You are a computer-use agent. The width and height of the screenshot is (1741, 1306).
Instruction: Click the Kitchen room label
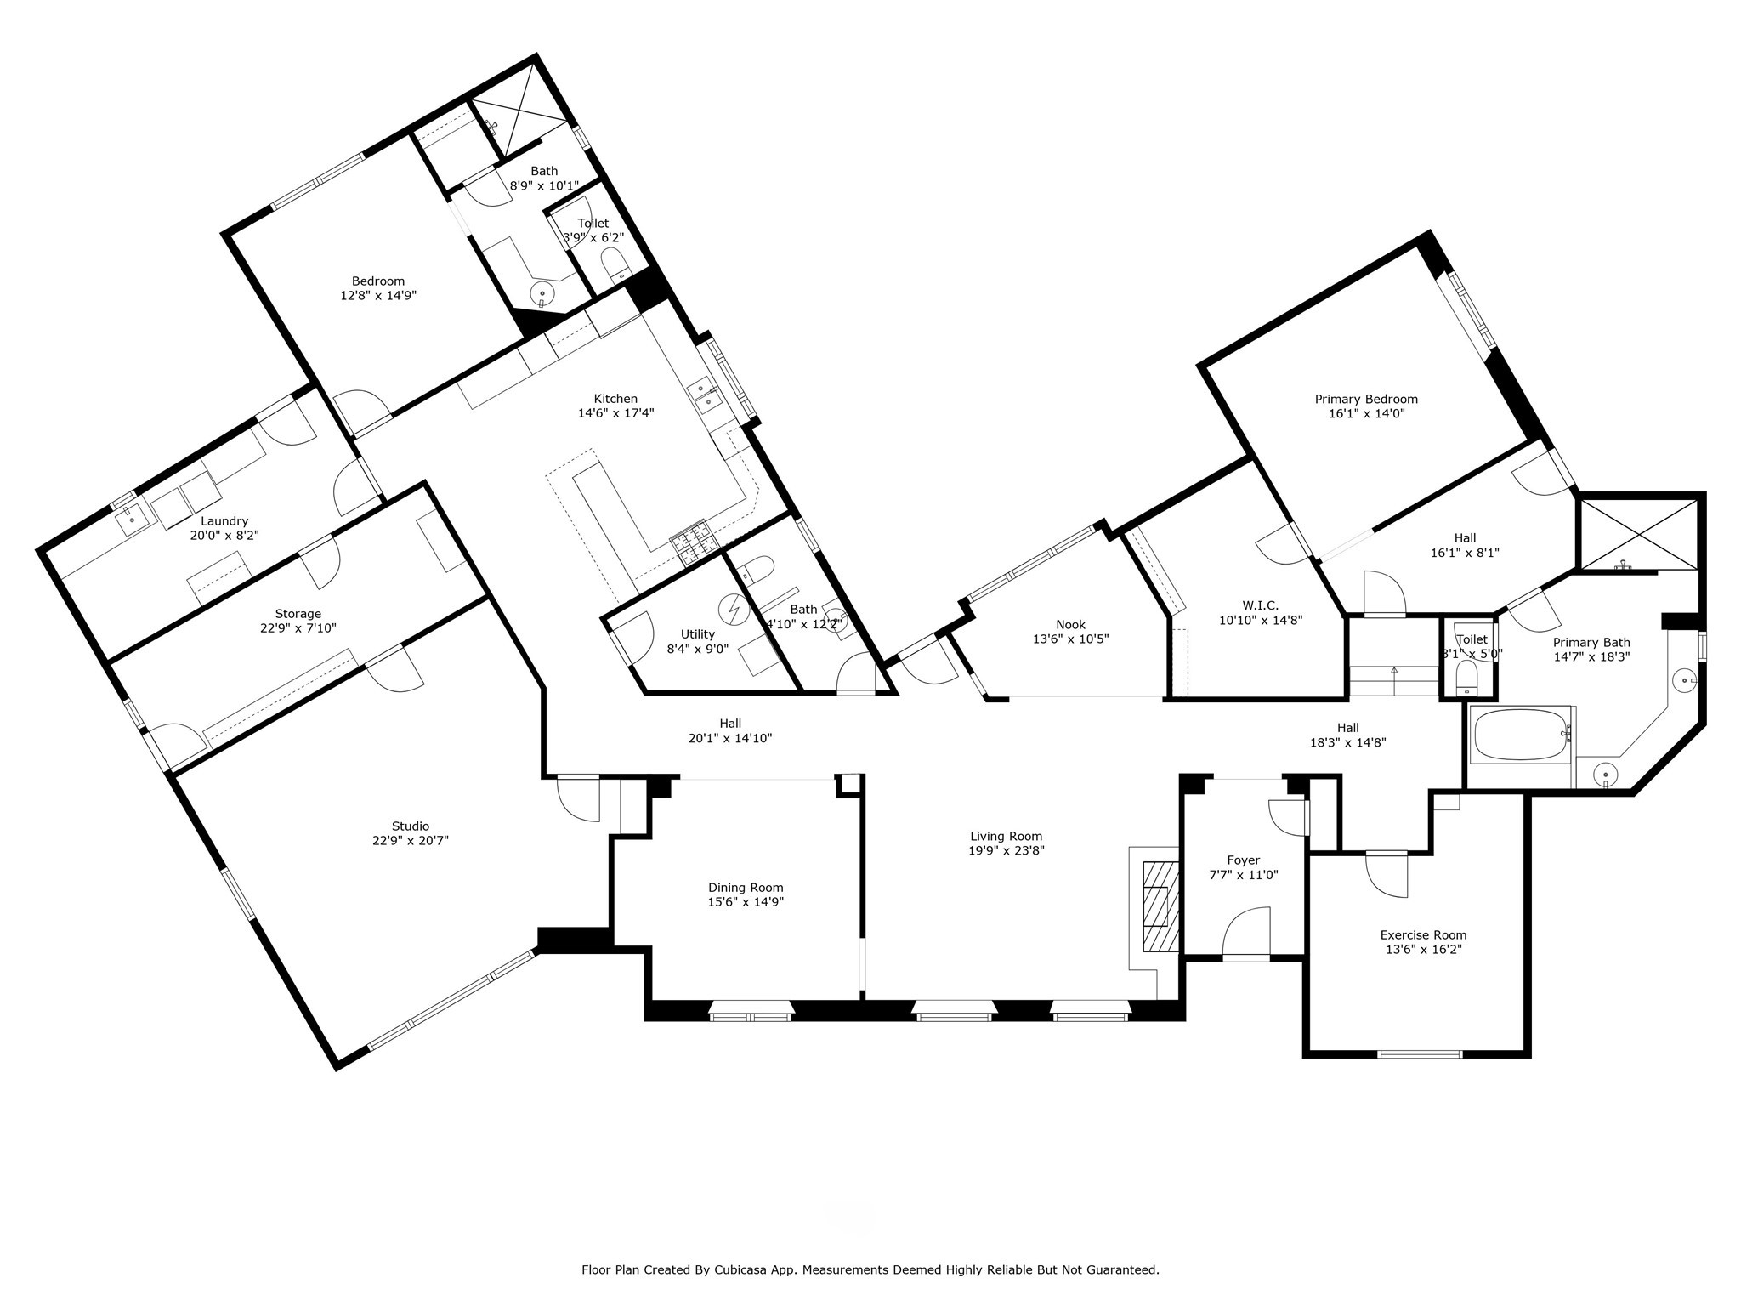615,399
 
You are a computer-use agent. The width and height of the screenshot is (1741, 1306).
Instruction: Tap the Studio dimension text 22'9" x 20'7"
411,840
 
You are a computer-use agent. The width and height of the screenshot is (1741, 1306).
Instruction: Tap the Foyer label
1243,860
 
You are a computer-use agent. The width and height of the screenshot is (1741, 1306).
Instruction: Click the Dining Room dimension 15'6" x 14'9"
746,902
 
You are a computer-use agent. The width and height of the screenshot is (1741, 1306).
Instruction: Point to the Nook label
1070,625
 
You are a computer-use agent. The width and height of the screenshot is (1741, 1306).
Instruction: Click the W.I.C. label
1261,605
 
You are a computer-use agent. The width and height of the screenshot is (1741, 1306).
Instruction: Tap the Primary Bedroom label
1366,399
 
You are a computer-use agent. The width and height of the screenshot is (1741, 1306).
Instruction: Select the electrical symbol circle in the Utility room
732,608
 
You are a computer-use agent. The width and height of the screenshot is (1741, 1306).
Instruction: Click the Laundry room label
224,521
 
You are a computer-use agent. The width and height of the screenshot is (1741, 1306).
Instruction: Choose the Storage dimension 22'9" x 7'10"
298,628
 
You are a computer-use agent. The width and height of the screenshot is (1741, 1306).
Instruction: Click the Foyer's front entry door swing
1246,933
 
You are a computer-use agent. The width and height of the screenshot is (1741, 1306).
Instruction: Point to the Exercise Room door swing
1387,873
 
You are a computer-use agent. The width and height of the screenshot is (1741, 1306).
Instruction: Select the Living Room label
1006,836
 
